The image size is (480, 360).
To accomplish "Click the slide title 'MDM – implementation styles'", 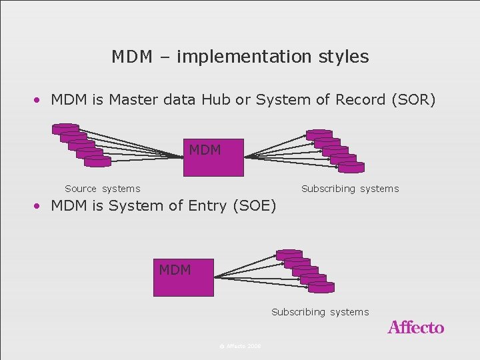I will point(240,57).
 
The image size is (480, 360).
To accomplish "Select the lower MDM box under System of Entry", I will point(183,277).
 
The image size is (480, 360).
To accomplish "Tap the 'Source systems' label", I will point(102,189).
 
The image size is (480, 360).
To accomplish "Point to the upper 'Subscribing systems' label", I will point(350,189).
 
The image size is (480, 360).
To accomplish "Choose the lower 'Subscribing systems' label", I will point(320,312).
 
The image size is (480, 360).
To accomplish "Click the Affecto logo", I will point(415,327).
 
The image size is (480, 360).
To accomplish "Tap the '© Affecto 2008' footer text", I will point(240,346).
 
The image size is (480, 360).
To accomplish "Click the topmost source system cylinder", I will point(65,129).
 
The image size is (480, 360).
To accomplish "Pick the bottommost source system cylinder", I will point(98,161).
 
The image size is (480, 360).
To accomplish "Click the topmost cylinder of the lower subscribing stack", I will point(289,255).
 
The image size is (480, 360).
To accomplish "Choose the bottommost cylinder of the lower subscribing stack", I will point(321,287).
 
